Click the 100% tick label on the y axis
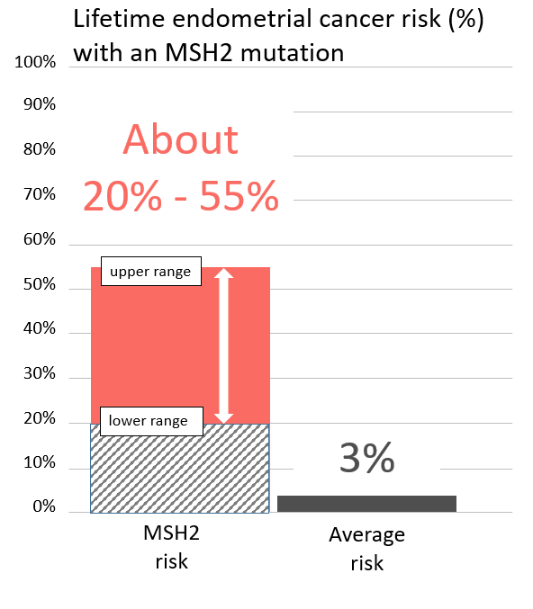pos(36,63)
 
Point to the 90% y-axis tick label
pos(40,104)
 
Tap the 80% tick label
pos(40,149)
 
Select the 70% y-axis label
pos(40,194)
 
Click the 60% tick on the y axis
pos(40,240)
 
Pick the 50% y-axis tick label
pos(40,285)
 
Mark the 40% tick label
pos(40,329)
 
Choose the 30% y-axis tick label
pos(40,374)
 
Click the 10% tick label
pos(40,465)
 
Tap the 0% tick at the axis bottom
pos(43,507)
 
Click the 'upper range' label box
pos(150,272)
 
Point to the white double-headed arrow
pos(223,345)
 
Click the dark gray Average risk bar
pos(366,504)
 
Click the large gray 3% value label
pos(367,459)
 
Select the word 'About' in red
pos(181,140)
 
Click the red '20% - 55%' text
pos(181,197)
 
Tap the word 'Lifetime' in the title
pos(113,21)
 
